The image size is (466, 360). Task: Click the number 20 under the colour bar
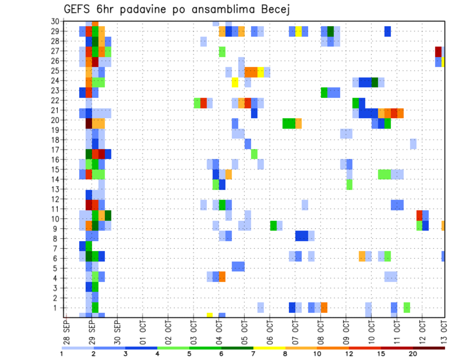point(413,354)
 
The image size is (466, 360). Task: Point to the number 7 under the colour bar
point(253,354)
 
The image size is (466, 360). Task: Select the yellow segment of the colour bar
point(269,348)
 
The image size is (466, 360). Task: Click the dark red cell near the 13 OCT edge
point(438,51)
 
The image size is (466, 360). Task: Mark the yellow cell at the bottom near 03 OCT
point(210,315)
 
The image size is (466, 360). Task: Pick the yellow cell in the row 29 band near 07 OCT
point(299,32)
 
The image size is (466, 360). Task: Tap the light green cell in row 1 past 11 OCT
point(407,308)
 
